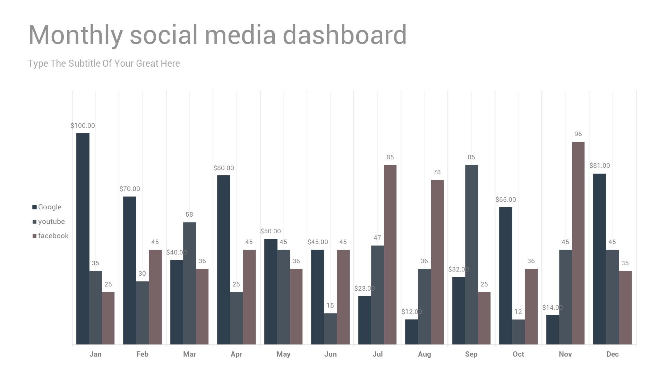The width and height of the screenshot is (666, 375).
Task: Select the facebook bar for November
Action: [x=578, y=243]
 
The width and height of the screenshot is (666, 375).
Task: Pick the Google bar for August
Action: [x=411, y=332]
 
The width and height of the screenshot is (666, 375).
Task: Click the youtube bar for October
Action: [x=518, y=332]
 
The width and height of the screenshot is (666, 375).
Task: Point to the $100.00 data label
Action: [x=83, y=126]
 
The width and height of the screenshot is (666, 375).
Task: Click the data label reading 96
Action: [x=578, y=134]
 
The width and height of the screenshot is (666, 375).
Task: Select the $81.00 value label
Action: [x=599, y=166]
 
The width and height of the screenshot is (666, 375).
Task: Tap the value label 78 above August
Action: [x=437, y=172]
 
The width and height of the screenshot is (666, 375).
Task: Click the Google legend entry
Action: [x=47, y=207]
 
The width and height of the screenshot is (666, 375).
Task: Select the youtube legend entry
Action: [x=49, y=222]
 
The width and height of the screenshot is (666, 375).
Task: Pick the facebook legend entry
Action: [x=51, y=236]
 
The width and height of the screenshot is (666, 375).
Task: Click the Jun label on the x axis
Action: [x=330, y=354]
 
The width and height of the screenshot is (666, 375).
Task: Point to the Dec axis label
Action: [x=612, y=354]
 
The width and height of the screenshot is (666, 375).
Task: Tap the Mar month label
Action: [x=189, y=354]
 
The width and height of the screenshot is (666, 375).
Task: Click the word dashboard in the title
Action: [x=344, y=35]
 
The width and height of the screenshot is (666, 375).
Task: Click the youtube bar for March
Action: [x=189, y=283]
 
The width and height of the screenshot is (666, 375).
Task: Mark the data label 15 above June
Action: [x=330, y=306]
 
